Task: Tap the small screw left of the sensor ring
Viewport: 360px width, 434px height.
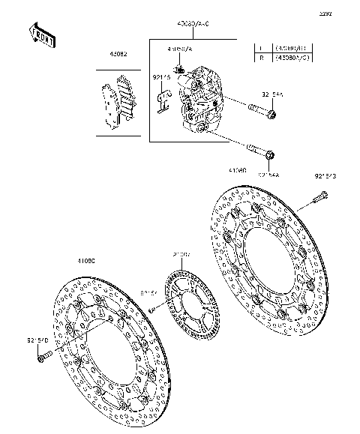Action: [151, 309]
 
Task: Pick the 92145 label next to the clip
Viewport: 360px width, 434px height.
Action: [162, 77]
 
